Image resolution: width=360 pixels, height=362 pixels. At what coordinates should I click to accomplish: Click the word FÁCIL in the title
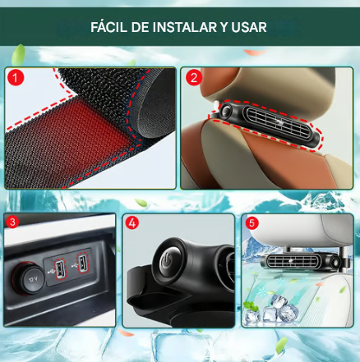pos(111,26)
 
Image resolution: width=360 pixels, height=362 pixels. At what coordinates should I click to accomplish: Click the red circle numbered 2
pos(195,80)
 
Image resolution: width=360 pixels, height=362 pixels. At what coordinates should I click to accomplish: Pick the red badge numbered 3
pos(13,222)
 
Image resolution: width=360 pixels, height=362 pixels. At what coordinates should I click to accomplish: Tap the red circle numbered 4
pos(133,222)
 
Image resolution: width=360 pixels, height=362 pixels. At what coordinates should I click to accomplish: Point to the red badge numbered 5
pos(251,222)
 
